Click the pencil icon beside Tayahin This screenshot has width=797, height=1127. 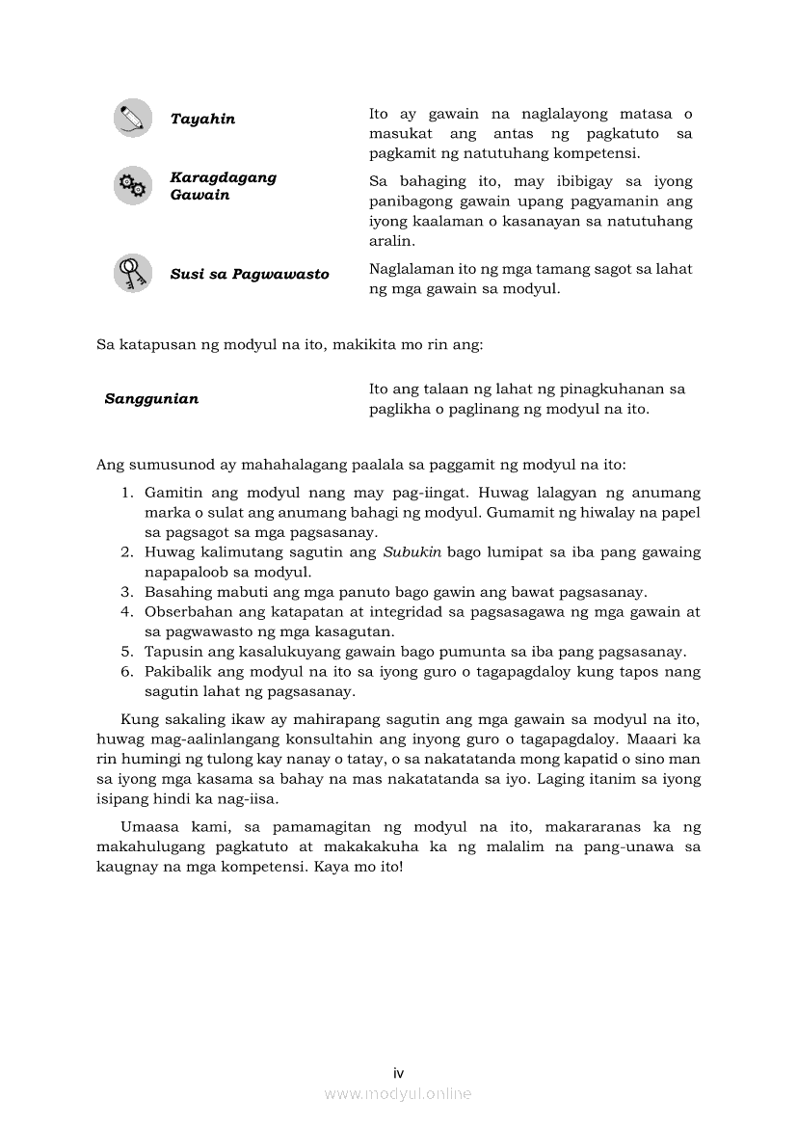132,118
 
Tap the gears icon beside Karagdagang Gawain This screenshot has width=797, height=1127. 132,185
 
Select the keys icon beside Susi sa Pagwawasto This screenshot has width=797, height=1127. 132,273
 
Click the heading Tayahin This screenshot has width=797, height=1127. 202,119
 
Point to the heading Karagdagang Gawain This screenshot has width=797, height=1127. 223,186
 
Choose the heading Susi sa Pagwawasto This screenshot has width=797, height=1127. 250,274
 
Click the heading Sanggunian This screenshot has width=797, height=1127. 151,398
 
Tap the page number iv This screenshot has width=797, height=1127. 398,1073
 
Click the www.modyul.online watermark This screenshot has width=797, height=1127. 398,1093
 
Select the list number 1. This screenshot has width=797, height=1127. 126,492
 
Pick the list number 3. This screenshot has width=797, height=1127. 126,592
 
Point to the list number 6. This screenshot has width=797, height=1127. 126,671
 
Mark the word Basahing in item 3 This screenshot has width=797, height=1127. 174,592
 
